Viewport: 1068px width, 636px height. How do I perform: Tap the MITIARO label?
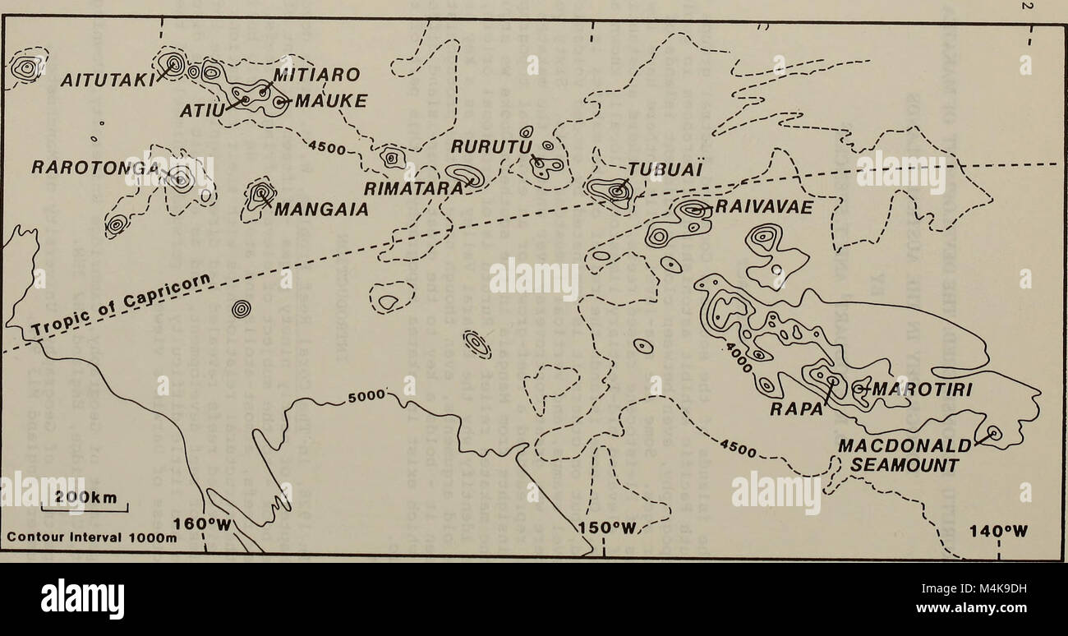point(316,75)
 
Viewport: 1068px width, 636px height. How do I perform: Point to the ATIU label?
point(201,109)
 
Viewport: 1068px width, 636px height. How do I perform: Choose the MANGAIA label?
point(320,209)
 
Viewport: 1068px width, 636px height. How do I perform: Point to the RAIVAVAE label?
point(763,208)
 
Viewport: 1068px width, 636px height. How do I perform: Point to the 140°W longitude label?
point(996,530)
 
